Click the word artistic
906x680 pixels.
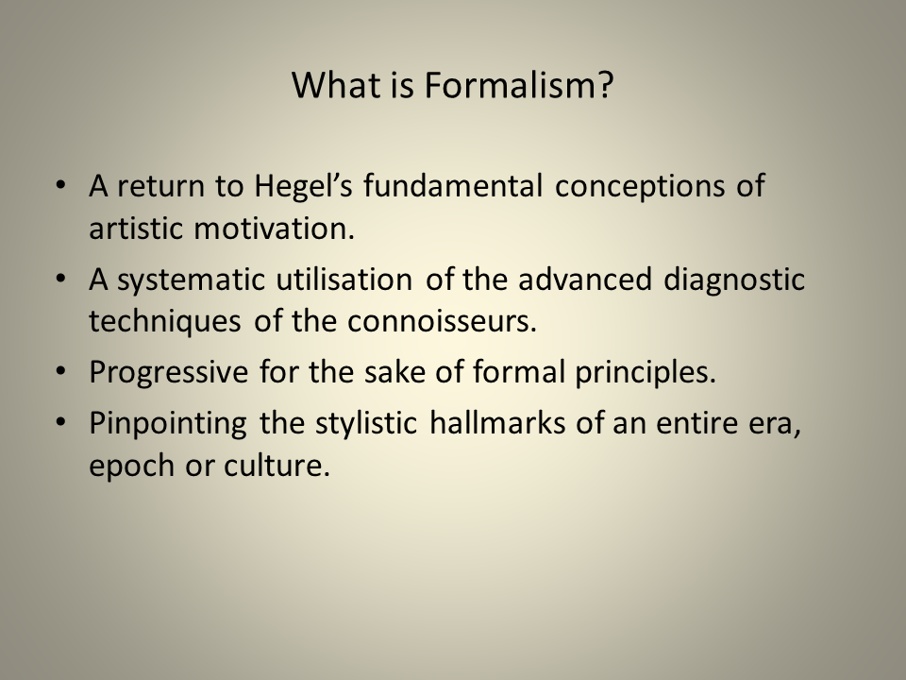tap(137, 229)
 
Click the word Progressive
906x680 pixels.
tap(166, 371)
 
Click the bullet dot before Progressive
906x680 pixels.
tap(61, 371)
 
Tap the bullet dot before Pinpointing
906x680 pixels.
tap(61, 422)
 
